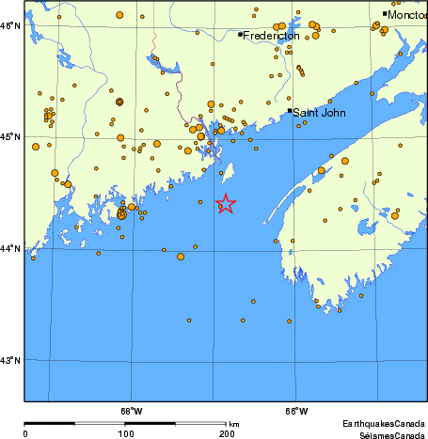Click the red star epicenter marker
226,203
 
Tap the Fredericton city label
272,36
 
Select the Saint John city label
319,113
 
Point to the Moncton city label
407,15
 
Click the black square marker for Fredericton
241,35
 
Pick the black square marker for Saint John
289,111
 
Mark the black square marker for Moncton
385,13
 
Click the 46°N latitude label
11,25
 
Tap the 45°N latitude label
11,137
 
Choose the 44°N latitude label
11,249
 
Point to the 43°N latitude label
11,361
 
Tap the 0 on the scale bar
24,433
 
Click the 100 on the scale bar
125,433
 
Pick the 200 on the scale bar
226,433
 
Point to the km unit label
234,425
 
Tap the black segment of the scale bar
74,424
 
